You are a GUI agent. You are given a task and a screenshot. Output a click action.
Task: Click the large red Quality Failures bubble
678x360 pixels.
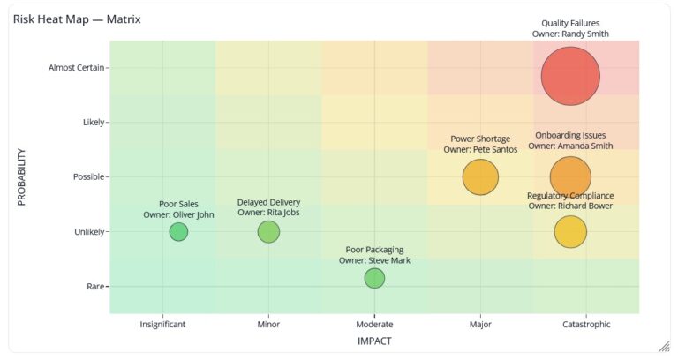(x=570, y=76)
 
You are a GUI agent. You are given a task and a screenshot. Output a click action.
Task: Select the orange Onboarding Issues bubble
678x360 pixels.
(x=570, y=176)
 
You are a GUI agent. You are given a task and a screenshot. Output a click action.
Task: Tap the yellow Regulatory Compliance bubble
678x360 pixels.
(x=570, y=231)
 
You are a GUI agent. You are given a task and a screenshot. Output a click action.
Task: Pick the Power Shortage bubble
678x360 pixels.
(x=480, y=176)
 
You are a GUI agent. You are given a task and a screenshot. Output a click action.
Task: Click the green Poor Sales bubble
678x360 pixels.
(x=178, y=231)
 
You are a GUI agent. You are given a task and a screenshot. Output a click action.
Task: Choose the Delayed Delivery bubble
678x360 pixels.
(x=268, y=231)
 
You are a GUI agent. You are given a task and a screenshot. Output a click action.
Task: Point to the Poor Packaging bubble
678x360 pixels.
(x=374, y=278)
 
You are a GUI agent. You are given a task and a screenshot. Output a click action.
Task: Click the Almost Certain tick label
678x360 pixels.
(x=76, y=67)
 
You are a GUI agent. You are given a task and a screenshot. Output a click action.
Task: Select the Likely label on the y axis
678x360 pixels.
(x=93, y=122)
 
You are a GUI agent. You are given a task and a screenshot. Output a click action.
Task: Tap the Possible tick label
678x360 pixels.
(x=88, y=176)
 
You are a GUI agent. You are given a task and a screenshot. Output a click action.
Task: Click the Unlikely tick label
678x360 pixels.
(x=88, y=231)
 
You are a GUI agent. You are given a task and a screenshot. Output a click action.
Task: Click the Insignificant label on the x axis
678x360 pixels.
(x=162, y=324)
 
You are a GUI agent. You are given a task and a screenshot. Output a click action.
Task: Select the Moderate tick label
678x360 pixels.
(x=374, y=324)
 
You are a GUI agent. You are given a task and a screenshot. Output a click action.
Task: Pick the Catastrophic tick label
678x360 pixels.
(x=586, y=324)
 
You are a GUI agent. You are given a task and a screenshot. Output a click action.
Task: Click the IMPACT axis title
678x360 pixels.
(x=374, y=341)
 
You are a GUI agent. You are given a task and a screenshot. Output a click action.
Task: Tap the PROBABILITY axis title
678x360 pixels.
(x=22, y=176)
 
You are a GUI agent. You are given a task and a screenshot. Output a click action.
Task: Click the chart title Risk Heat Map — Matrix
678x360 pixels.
(x=77, y=19)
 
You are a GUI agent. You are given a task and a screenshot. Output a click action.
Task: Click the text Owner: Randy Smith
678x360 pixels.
(x=576, y=34)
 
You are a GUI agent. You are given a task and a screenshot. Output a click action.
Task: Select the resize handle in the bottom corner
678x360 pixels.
(x=663, y=346)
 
